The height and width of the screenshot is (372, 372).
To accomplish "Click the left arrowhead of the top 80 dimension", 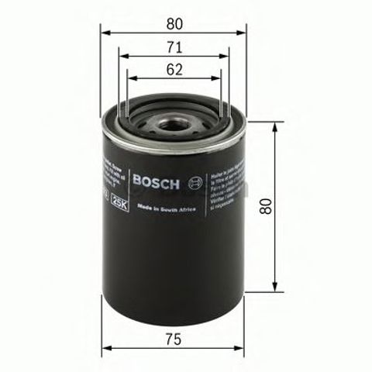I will coord(105,33).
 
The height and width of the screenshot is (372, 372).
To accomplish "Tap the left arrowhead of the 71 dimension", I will coord(122,56).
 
